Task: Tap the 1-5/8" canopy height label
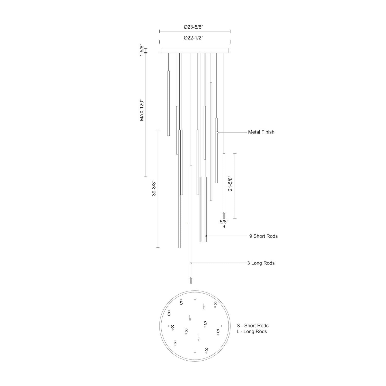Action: (x=142, y=50)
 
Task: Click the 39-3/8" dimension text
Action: (x=153, y=189)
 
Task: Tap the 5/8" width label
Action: (x=224, y=221)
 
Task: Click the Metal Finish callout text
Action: (x=261, y=132)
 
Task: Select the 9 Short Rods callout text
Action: (x=263, y=236)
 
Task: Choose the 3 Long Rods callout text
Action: (x=261, y=263)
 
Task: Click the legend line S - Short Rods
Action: (x=252, y=326)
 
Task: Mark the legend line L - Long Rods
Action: (x=252, y=332)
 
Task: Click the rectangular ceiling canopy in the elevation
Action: (x=195, y=50)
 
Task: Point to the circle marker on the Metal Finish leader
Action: (x=217, y=132)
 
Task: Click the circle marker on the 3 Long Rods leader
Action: (x=191, y=263)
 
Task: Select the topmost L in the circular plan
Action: (x=204, y=305)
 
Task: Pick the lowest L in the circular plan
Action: (x=198, y=336)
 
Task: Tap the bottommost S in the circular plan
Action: (x=206, y=349)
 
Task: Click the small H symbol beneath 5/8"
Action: (x=224, y=227)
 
